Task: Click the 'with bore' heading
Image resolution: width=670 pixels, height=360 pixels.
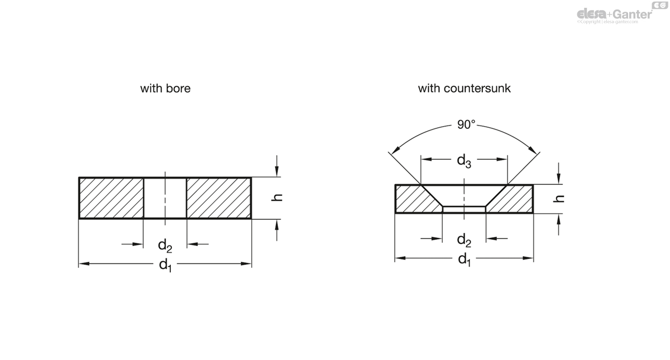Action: coord(165,88)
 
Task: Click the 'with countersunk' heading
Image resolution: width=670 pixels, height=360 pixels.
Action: coord(464,88)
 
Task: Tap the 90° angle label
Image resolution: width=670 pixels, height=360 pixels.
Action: coord(466,124)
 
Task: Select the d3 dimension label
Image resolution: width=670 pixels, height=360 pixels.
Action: coord(464,161)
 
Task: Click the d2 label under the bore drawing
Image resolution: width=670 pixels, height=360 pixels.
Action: coord(165,245)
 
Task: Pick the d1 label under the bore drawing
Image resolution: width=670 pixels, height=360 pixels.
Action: coord(165,265)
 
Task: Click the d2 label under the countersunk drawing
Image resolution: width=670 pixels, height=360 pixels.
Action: coord(464,241)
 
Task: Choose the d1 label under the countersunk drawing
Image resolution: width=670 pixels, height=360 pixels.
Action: coord(464,260)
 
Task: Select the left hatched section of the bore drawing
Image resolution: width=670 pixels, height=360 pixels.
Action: coord(111,198)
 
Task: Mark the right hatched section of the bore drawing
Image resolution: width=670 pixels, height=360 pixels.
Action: coord(218,198)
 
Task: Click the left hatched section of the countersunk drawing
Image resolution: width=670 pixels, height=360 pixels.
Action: coord(413,199)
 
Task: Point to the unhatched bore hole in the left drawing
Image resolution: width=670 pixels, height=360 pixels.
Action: coord(165,198)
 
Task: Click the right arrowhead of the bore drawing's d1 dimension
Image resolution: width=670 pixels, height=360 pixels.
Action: coord(247,263)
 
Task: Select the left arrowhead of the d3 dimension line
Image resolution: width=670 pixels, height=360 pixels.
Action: coord(425,159)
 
